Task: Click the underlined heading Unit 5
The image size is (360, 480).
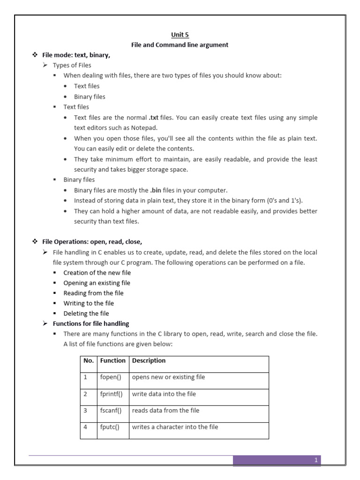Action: click(x=180, y=34)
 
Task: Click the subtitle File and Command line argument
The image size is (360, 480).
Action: click(x=180, y=45)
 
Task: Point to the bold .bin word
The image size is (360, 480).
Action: click(x=156, y=190)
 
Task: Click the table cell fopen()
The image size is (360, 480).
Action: click(x=111, y=377)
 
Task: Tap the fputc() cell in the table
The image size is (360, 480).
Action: click(x=110, y=427)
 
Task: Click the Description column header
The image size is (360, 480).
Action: click(x=149, y=360)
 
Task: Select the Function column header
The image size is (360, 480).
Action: click(x=112, y=360)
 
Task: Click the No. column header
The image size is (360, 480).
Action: click(x=89, y=360)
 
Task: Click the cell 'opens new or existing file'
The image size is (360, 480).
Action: click(x=168, y=377)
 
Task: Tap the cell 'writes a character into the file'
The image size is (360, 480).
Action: click(x=175, y=427)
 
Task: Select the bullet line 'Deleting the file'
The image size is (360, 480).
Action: click(x=86, y=314)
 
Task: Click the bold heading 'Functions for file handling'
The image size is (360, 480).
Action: click(x=91, y=324)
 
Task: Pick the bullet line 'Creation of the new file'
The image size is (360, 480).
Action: click(x=97, y=273)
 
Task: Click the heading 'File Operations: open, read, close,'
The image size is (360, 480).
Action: click(x=92, y=242)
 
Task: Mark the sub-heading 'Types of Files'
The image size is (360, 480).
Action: click(x=72, y=65)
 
